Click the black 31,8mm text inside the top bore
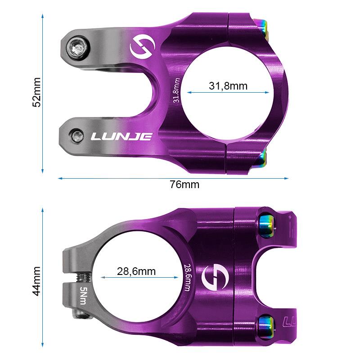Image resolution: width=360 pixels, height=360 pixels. point(228,85)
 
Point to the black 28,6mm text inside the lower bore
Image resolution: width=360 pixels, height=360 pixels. point(136,271)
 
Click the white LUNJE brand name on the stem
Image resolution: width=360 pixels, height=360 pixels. point(121,136)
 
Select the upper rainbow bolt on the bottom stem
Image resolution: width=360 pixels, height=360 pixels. point(266,224)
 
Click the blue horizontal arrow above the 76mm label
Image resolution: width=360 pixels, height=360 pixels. point(173,178)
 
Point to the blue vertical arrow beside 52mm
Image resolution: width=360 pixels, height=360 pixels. point(43,92)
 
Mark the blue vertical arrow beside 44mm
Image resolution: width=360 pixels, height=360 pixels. point(43,280)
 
